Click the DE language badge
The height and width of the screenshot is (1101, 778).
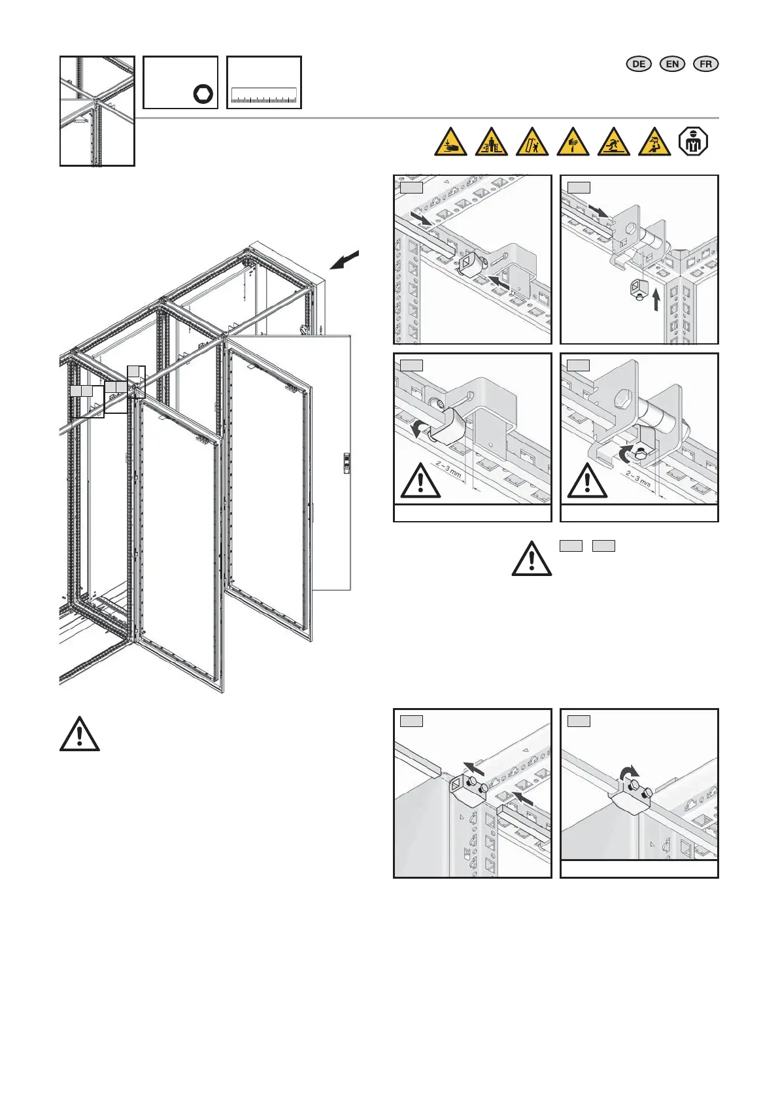click(x=639, y=63)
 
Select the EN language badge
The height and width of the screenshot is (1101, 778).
click(x=672, y=63)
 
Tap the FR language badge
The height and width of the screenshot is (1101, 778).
click(x=705, y=63)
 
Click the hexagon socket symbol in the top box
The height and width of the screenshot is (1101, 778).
click(x=203, y=95)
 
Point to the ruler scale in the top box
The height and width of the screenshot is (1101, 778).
click(x=264, y=97)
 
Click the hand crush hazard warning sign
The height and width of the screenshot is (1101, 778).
click(x=451, y=142)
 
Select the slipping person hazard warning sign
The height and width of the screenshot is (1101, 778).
click(x=614, y=142)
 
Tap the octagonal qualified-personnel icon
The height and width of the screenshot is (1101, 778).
click(x=694, y=142)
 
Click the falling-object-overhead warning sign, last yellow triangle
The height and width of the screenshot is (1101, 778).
click(x=654, y=142)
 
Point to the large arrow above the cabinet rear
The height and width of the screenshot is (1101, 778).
click(x=345, y=259)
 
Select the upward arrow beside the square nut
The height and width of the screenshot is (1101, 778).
click(x=657, y=299)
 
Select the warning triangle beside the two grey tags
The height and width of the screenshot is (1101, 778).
click(x=532, y=558)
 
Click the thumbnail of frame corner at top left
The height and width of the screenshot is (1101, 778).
click(x=97, y=110)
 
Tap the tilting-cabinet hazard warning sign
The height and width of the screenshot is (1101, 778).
click(x=532, y=142)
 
